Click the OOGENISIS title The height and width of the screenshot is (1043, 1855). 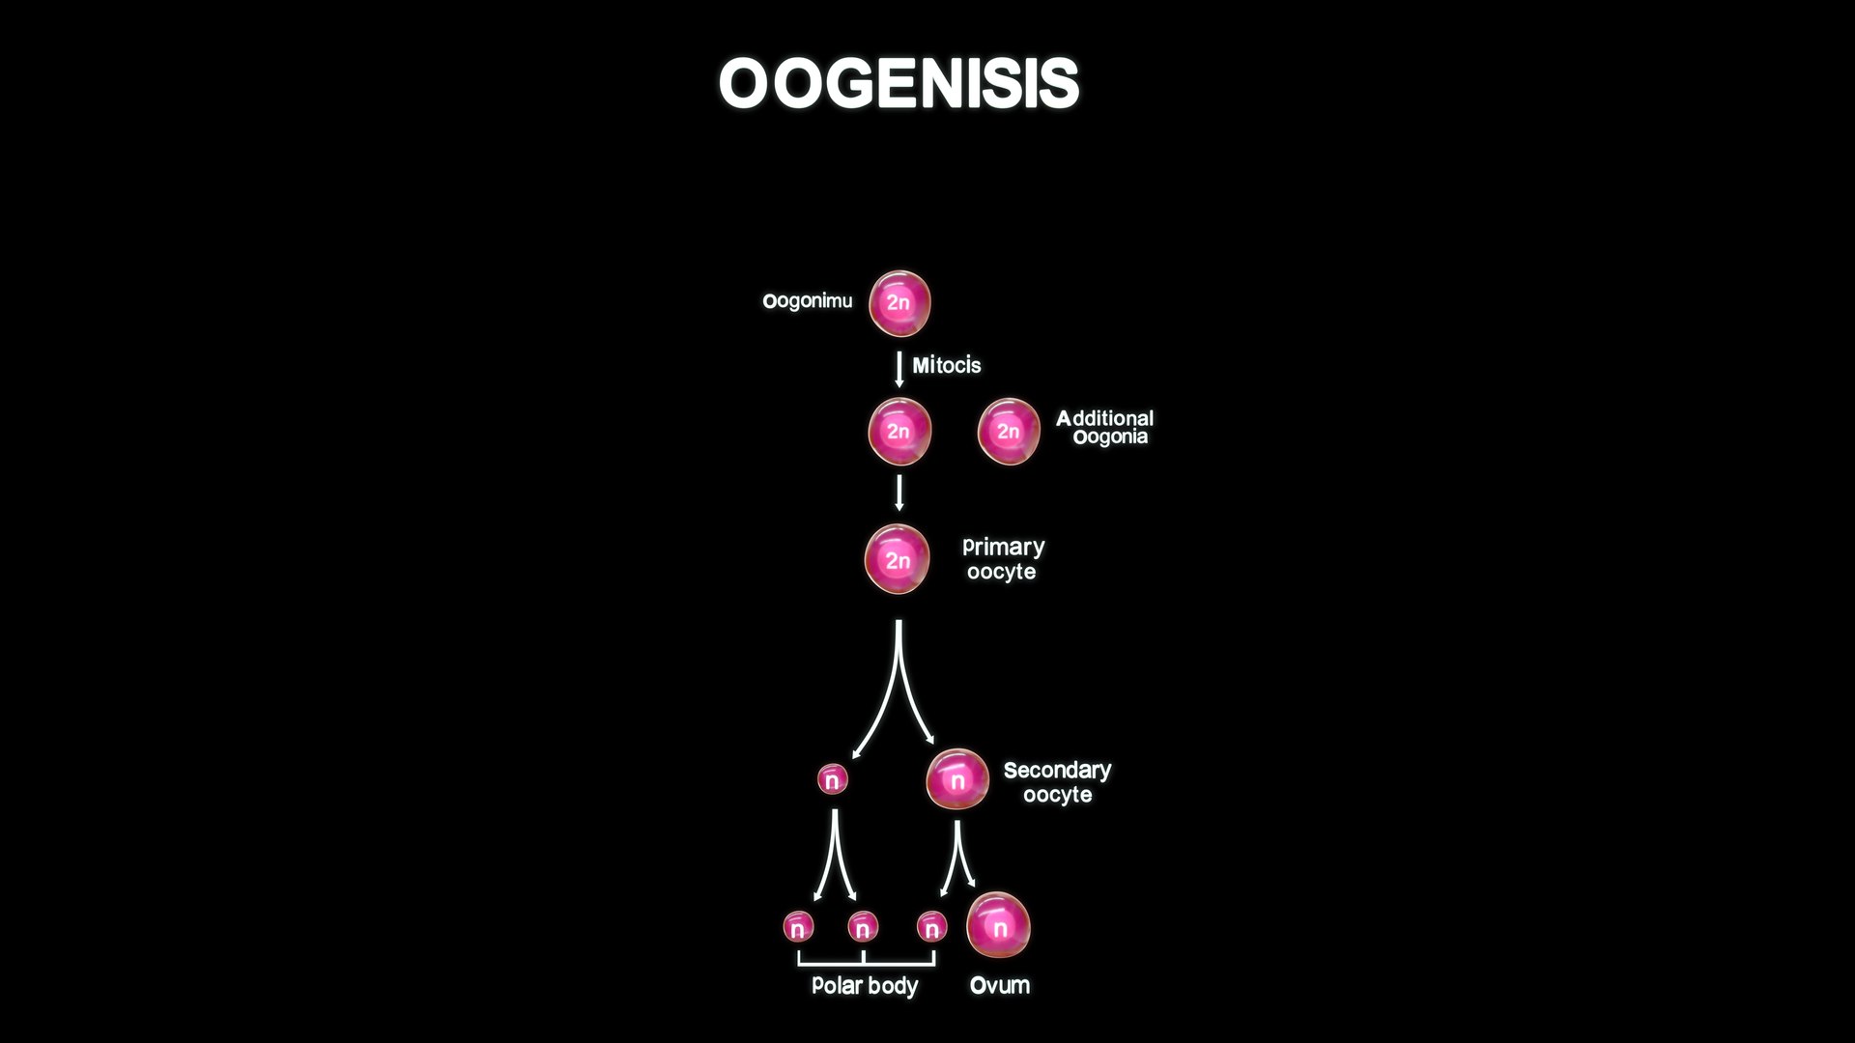pyautogui.click(x=899, y=83)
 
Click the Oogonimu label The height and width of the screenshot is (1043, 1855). pyautogui.click(x=808, y=301)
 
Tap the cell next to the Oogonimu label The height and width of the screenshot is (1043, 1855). pyautogui.click(x=899, y=303)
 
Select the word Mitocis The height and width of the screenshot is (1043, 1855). pyautogui.click(x=946, y=365)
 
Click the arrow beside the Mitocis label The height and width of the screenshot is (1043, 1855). pyautogui.click(x=899, y=369)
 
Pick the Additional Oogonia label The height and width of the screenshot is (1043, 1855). pyautogui.click(x=1105, y=427)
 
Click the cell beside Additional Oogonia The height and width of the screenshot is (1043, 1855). pyautogui.click(x=1009, y=431)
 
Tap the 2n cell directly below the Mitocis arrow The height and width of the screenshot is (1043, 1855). pyautogui.click(x=899, y=431)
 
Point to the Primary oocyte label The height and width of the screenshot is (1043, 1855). pyautogui.click(x=1003, y=559)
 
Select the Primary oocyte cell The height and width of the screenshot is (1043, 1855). pyautogui.click(x=898, y=559)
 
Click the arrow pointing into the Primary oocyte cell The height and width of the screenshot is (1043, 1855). pyautogui.click(x=899, y=493)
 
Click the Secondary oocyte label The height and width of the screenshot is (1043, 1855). pyautogui.click(x=1057, y=782)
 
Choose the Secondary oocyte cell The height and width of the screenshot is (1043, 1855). pyautogui.click(x=957, y=780)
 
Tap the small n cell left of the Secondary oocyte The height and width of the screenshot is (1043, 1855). pyautogui.click(x=832, y=778)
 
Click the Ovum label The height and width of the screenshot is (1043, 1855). pyautogui.click(x=999, y=985)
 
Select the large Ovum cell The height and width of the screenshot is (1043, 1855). pyautogui.click(x=998, y=926)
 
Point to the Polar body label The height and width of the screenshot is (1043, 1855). pyautogui.click(x=865, y=985)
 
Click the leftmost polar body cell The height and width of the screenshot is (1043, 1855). pyautogui.click(x=798, y=927)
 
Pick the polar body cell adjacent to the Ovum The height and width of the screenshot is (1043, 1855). pyautogui.click(x=931, y=927)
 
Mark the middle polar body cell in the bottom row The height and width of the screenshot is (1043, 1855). pyautogui.click(x=863, y=927)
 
